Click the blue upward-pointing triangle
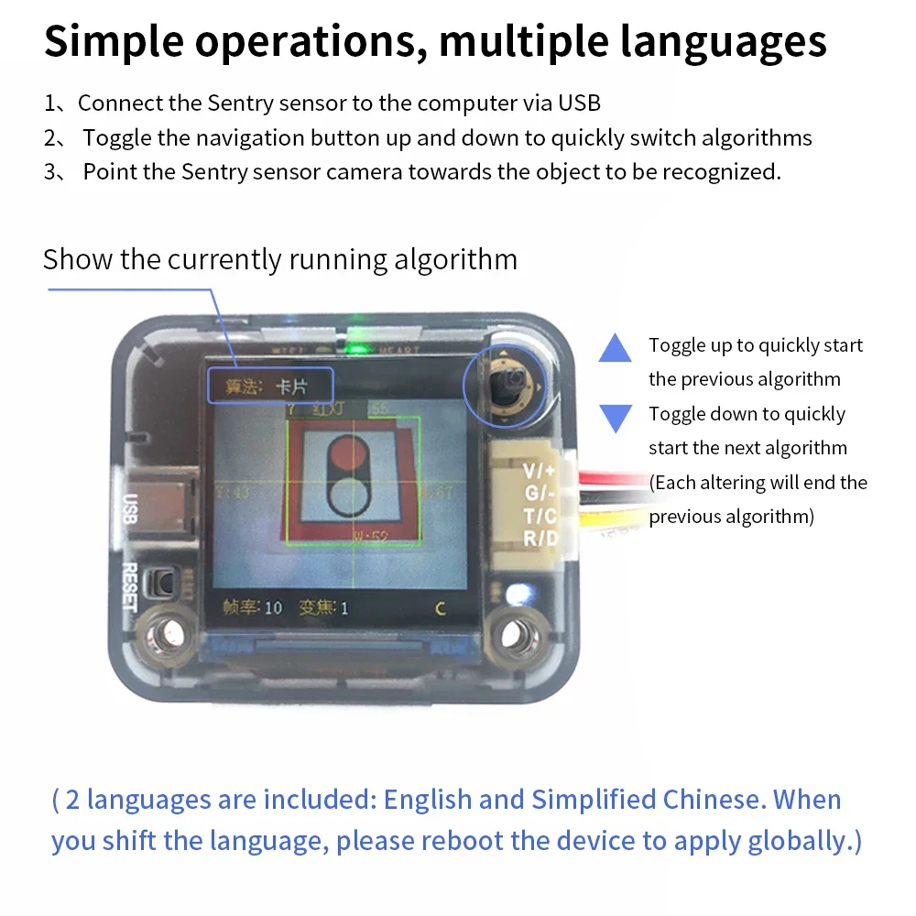click(x=615, y=348)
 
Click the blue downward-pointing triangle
click(x=615, y=417)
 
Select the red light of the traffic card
click(x=350, y=454)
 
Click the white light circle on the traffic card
click(x=350, y=497)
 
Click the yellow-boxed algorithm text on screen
click(x=269, y=387)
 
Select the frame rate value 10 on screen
click(x=273, y=607)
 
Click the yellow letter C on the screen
click(x=440, y=608)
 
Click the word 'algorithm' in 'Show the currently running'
click(x=455, y=259)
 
